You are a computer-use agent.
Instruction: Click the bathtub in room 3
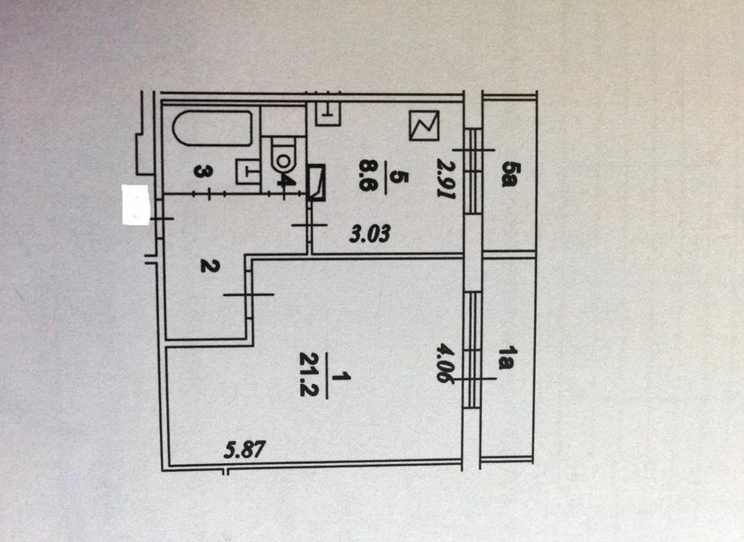[x=213, y=128]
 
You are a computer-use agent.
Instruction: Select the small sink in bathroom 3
[x=247, y=171]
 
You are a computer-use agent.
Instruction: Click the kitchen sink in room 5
[x=328, y=114]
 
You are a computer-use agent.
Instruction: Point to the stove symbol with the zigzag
[x=424, y=125]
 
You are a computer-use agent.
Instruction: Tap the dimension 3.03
[x=369, y=235]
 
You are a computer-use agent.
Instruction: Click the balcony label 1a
[x=508, y=358]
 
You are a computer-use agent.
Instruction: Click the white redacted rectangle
[x=135, y=204]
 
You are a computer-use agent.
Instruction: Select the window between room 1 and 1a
[x=474, y=350]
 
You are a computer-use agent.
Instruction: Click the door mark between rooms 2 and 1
[x=248, y=295]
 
